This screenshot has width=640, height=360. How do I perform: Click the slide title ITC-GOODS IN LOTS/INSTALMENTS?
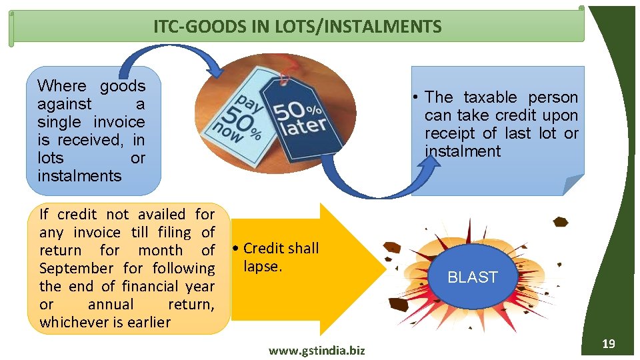click(297, 27)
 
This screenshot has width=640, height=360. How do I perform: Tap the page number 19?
click(608, 344)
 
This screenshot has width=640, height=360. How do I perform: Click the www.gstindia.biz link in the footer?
click(317, 350)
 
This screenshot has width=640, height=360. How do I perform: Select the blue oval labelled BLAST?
click(473, 277)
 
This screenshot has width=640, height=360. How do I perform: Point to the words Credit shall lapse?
click(281, 257)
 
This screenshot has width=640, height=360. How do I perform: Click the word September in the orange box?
click(77, 269)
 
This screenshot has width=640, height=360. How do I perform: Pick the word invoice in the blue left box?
click(119, 122)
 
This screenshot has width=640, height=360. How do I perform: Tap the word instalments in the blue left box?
click(79, 176)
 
